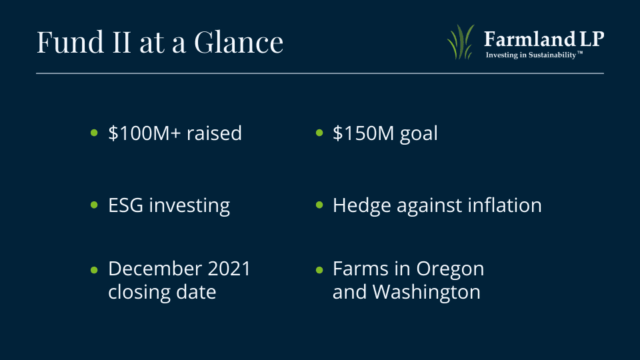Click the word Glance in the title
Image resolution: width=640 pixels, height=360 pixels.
[x=239, y=41]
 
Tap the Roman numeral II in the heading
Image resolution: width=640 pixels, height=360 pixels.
[x=121, y=41]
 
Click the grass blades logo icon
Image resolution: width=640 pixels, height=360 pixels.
[x=461, y=42]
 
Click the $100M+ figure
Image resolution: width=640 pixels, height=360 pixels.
[x=145, y=133]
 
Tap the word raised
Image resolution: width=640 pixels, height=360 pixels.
[x=214, y=133]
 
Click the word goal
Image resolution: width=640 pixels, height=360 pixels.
[x=419, y=134]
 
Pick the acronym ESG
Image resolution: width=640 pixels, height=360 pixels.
[x=126, y=205]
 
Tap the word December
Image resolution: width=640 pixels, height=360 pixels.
[x=155, y=269]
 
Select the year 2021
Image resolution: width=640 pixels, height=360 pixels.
[x=229, y=269]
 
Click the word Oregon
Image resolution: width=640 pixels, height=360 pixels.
[x=450, y=269]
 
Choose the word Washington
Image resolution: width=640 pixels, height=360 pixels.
[x=427, y=292]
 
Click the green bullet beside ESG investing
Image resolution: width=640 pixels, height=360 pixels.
[x=94, y=205]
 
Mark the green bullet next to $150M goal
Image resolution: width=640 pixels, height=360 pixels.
[x=319, y=133]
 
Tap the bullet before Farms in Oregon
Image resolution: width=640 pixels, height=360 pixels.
[x=319, y=270]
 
